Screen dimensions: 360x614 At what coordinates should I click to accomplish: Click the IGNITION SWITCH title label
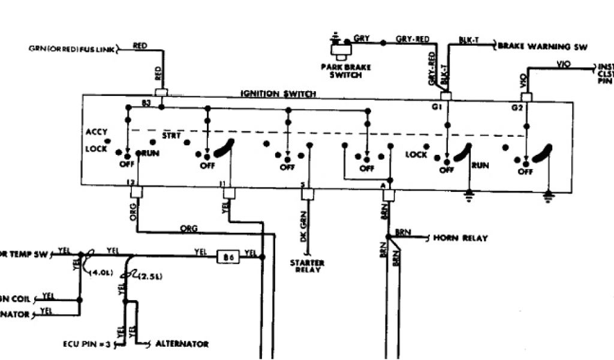(x=278, y=94)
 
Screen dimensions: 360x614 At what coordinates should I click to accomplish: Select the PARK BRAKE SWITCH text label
(x=346, y=71)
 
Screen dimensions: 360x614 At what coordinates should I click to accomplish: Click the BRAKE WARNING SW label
(x=543, y=46)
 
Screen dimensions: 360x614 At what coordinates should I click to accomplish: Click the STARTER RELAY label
(x=307, y=266)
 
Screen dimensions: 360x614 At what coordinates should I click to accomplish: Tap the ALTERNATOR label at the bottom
(x=182, y=344)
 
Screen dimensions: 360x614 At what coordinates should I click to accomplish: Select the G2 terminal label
(x=517, y=107)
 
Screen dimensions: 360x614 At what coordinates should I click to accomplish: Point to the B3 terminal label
(x=146, y=104)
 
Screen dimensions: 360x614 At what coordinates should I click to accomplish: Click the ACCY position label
(x=97, y=131)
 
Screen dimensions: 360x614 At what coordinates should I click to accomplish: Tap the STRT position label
(x=171, y=136)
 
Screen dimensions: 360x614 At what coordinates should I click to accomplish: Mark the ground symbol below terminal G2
(x=547, y=194)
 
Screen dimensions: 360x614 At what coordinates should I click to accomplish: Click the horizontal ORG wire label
(x=189, y=229)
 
